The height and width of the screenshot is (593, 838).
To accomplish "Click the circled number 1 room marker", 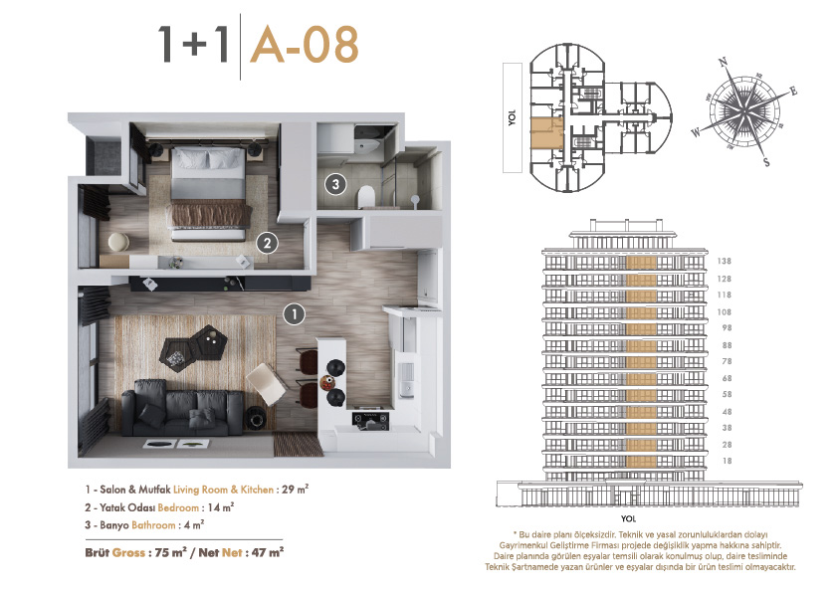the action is [294, 313].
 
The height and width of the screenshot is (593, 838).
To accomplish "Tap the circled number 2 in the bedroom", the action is [267, 243].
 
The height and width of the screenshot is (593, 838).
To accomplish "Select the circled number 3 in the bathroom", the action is [335, 184].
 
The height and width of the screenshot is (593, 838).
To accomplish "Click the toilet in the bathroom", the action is [366, 196].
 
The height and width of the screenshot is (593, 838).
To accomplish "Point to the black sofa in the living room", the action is [183, 407].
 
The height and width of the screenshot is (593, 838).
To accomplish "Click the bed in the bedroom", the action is [209, 193].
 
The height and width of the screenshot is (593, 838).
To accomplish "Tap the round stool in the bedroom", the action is [118, 242].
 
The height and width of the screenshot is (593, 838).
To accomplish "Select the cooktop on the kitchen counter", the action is [370, 420].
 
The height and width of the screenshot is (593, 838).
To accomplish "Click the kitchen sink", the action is [407, 378].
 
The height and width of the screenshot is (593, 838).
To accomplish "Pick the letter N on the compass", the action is [724, 63].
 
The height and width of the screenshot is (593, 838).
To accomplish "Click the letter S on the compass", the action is [766, 161].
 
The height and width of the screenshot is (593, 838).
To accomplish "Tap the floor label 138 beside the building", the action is [725, 262].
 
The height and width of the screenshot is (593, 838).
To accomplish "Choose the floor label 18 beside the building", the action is [727, 461].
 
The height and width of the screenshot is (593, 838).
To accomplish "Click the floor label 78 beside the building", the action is [727, 361].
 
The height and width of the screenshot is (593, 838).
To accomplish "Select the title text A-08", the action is [305, 46].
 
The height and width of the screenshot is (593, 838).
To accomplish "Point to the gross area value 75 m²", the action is [170, 552].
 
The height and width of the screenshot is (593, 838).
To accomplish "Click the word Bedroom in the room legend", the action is [178, 507].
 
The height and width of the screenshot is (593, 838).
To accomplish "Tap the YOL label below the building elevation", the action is [629, 518].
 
